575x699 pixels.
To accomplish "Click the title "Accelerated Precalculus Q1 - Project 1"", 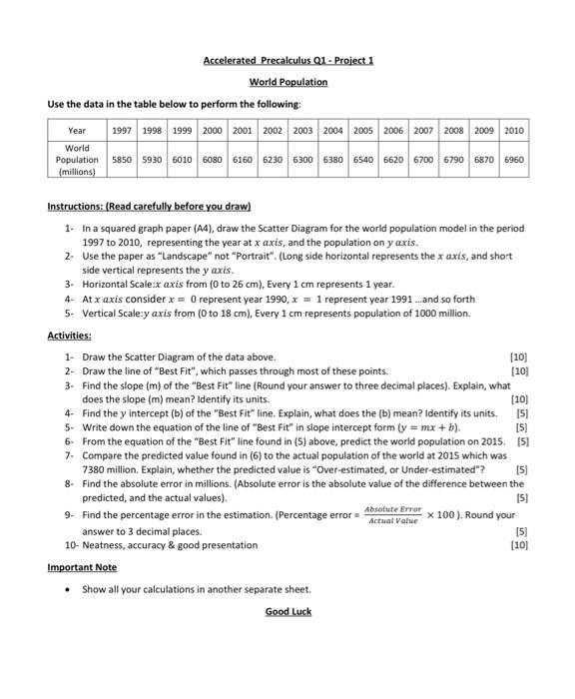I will [287, 60].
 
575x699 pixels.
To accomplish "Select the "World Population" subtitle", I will [287, 82].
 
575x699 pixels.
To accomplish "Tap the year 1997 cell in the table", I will [123, 131].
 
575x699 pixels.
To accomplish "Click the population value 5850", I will [123, 159].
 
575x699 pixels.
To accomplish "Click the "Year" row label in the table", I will [77, 131].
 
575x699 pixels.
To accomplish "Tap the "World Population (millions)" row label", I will [77, 159].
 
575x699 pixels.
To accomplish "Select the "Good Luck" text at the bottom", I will [287, 610].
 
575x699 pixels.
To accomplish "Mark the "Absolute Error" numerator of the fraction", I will [395, 509].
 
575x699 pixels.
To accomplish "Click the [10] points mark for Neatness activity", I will [519, 545].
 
